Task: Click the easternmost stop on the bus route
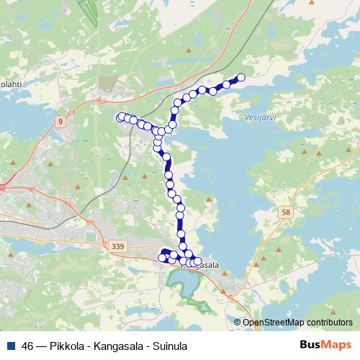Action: tap(241, 78)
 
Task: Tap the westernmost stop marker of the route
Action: tap(120, 117)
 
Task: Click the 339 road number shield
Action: tap(117, 247)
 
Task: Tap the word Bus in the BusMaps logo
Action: tap(311, 345)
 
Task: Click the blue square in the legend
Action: tap(9, 346)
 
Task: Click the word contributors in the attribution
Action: tap(329, 323)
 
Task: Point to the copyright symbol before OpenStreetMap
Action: tap(237, 323)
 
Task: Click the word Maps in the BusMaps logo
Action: tap(338, 345)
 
